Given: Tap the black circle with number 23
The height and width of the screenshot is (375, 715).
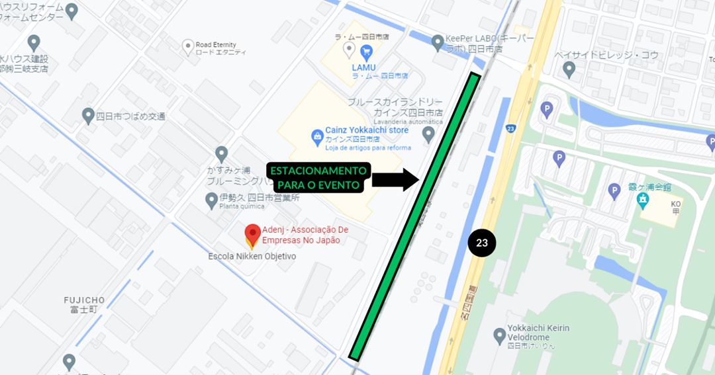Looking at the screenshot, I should point(482,243).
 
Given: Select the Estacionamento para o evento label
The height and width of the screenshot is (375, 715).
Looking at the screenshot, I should point(318,177).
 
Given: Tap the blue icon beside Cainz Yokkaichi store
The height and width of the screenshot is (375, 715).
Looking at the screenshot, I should point(317,136).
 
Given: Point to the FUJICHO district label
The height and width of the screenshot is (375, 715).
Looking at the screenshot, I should point(85,304).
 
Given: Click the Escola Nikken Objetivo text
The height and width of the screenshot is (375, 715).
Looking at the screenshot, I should point(252,257).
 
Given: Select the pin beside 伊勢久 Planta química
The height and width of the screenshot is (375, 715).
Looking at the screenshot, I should point(211,199).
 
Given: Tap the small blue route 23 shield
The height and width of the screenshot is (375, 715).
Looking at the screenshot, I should point(510,129).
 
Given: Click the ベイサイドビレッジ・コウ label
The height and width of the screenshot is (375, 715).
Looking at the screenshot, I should point(606,56).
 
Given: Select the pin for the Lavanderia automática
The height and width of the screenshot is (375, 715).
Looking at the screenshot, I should point(428,134).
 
